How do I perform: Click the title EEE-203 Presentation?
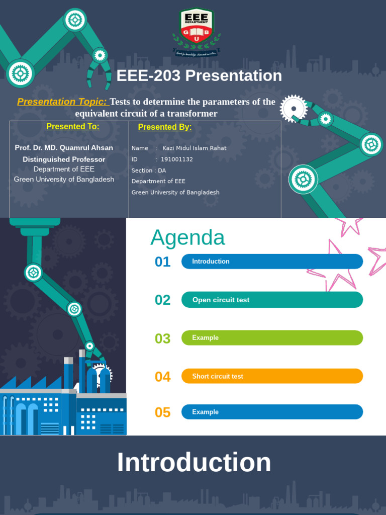(x=199, y=75)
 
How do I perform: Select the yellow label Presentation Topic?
(x=62, y=102)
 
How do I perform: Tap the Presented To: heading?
(x=73, y=126)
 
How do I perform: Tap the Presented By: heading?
(x=165, y=127)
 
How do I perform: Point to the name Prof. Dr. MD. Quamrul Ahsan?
(x=64, y=148)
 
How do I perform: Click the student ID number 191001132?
(x=177, y=159)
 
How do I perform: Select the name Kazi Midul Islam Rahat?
(x=194, y=148)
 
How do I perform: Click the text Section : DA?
(x=149, y=170)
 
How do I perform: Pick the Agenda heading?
(x=187, y=237)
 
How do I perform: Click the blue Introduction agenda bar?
(x=272, y=262)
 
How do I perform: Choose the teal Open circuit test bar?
(x=272, y=300)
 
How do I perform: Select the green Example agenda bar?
(x=272, y=338)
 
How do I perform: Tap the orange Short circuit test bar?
(x=272, y=376)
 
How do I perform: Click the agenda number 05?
(x=163, y=412)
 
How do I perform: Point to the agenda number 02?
(x=163, y=300)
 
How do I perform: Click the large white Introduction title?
(x=194, y=463)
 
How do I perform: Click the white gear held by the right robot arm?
(x=293, y=108)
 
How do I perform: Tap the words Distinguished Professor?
(x=64, y=159)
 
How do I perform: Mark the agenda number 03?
(x=163, y=338)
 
